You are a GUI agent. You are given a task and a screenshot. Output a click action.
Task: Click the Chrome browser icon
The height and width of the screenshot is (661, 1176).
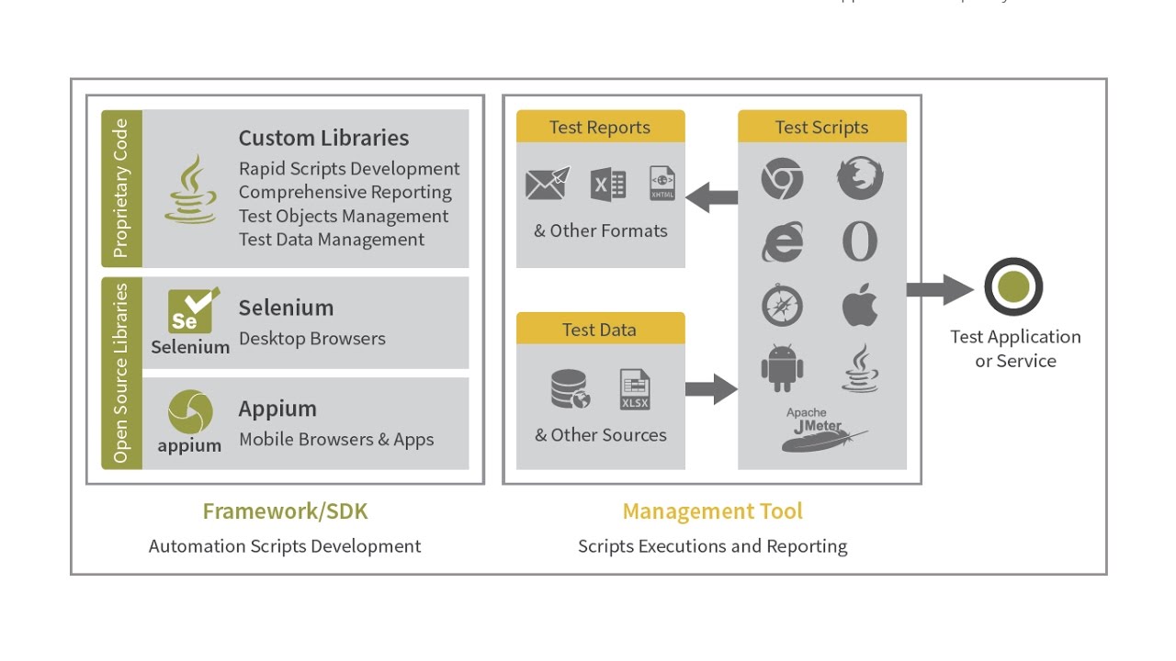click(782, 179)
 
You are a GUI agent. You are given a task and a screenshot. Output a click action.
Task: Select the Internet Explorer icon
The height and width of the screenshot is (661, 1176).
click(782, 242)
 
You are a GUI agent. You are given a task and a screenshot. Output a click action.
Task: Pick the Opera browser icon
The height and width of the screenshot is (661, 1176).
click(860, 242)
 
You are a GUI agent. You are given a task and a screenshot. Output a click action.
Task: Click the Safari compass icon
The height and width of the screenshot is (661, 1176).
click(782, 306)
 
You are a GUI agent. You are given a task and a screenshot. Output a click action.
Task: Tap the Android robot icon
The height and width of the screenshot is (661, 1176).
click(782, 368)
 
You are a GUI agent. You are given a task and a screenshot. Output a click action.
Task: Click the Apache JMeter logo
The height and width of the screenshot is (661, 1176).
click(823, 429)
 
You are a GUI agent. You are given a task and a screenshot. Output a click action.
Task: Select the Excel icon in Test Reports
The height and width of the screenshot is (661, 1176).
click(608, 185)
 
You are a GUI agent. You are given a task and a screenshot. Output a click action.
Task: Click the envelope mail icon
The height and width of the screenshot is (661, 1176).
click(547, 184)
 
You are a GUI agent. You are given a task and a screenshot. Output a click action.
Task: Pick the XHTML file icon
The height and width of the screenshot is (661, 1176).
click(661, 184)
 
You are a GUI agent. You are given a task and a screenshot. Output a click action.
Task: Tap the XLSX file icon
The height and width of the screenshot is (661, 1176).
click(635, 389)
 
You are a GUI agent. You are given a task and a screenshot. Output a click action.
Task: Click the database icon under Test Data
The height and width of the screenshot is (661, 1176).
click(569, 388)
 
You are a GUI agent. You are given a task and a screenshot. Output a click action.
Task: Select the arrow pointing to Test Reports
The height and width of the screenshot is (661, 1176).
click(712, 196)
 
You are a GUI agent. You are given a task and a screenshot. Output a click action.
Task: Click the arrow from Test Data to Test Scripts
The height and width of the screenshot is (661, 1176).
click(711, 389)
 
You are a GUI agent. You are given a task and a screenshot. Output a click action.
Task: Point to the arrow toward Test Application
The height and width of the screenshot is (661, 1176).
click(939, 290)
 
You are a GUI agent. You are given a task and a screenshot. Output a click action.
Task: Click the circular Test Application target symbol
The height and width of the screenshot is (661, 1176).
click(1013, 287)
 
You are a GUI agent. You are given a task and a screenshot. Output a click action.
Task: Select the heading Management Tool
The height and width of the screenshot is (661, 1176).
click(712, 511)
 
